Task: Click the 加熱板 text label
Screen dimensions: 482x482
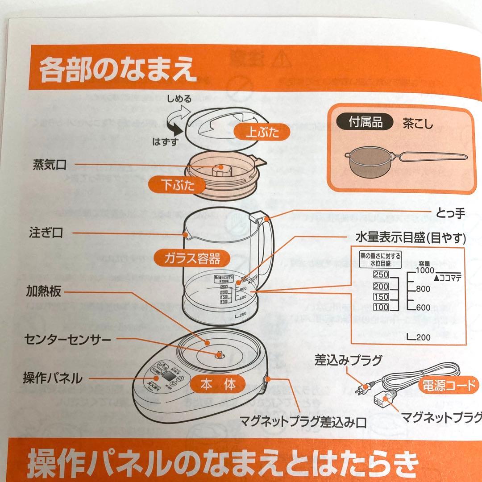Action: [43, 292]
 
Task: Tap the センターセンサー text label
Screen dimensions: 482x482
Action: [67, 340]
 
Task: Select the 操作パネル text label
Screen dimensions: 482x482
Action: [53, 378]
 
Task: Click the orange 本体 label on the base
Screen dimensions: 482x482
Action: [217, 383]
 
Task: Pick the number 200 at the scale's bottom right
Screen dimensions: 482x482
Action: [423, 337]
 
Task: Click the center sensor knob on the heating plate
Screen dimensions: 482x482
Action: [219, 354]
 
